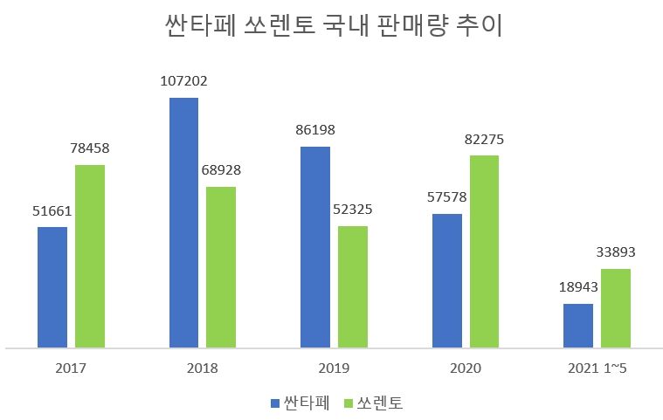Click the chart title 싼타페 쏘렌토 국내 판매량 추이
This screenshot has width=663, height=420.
[x=333, y=26]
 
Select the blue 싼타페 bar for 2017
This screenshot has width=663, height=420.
[x=52, y=287]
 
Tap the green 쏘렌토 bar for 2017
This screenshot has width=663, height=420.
[x=90, y=256]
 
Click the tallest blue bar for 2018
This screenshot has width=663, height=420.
[x=183, y=223]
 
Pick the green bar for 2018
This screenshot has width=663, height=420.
[x=221, y=267]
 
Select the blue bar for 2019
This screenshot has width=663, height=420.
[x=315, y=247]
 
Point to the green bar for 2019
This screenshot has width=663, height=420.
[x=353, y=286]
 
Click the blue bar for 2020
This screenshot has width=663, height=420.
[x=447, y=280]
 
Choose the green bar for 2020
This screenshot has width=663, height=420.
[x=485, y=251]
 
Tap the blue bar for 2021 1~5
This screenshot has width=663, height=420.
[x=578, y=326]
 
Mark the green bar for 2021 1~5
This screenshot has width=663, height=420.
[x=616, y=308]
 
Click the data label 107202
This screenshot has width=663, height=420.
[x=183, y=81]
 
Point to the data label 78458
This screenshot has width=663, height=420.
[x=90, y=148]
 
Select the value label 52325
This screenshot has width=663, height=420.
[x=353, y=210]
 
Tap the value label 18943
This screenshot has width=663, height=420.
[x=578, y=287]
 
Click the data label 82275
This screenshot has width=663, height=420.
[x=485, y=139]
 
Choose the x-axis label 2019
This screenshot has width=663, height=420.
[x=334, y=368]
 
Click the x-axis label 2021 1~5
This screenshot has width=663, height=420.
[x=597, y=368]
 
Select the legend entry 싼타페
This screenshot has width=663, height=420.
[x=299, y=403]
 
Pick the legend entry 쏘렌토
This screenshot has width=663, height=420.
[x=372, y=403]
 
